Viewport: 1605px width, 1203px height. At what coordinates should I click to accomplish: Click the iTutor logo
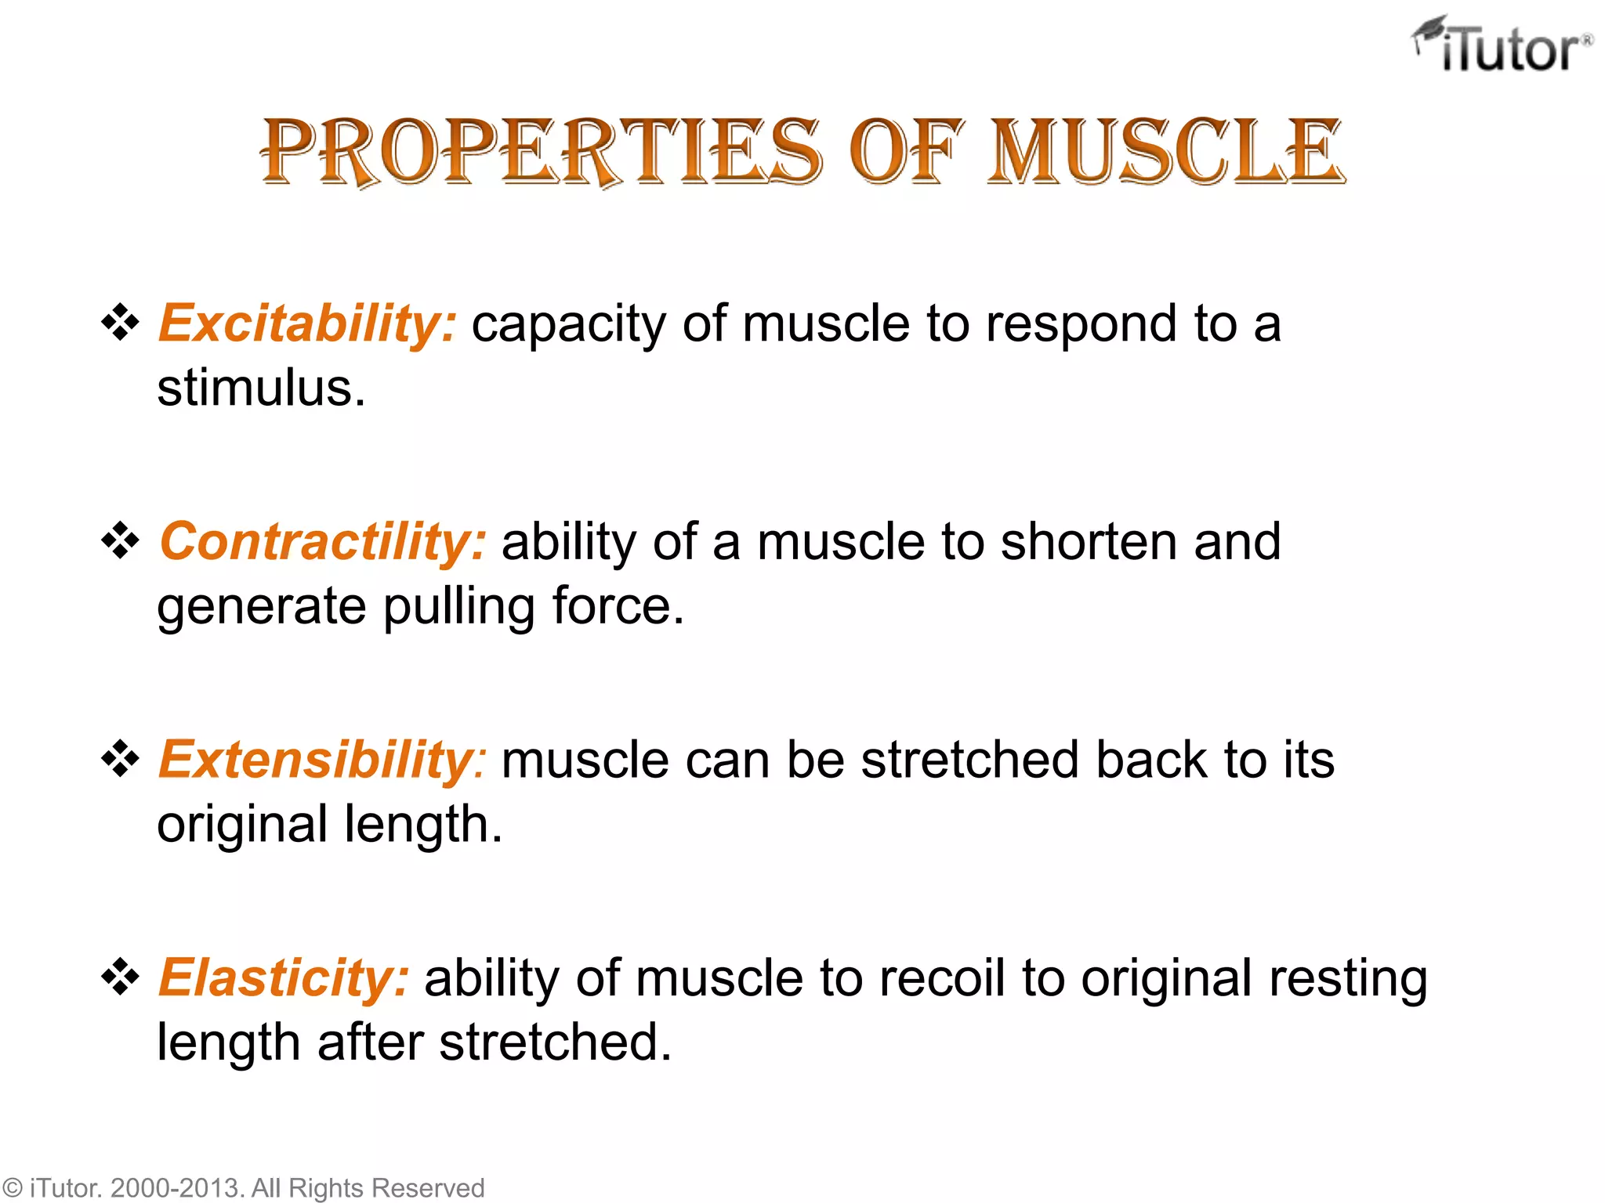(x=1503, y=45)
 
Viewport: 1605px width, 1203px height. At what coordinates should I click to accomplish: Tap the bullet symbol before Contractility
(x=121, y=540)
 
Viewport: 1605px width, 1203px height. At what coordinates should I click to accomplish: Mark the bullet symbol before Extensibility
(x=121, y=759)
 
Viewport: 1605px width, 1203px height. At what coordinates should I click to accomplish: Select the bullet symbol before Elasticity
(x=121, y=977)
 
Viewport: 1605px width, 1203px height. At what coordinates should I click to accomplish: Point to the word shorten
(x=1088, y=541)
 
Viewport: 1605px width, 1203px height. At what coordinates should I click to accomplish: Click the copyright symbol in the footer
(x=12, y=1188)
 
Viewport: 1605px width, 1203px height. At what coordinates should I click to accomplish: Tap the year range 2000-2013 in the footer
(x=176, y=1188)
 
